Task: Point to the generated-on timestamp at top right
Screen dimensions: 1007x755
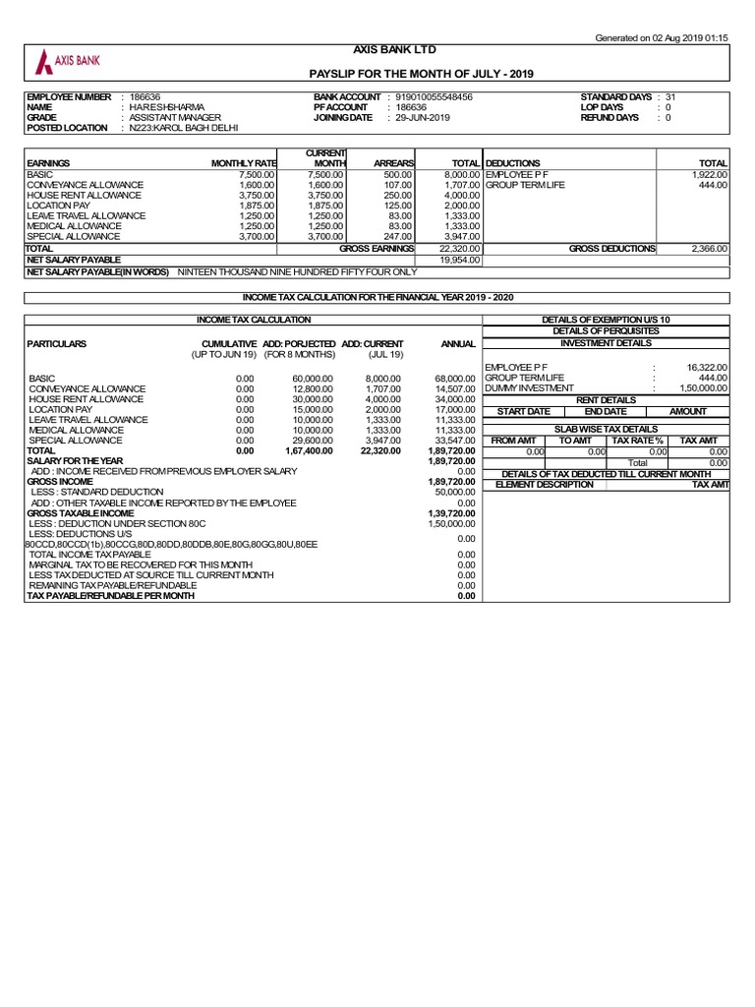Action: pos(663,37)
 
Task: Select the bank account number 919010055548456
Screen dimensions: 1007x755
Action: pos(434,97)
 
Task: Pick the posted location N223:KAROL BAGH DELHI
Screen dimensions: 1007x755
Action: pos(184,128)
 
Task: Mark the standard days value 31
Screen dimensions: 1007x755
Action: pos(670,97)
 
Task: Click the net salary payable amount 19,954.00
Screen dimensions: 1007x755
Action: pos(459,260)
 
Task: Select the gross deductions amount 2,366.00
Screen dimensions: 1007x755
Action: pos(708,250)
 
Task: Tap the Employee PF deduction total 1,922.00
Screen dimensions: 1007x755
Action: pos(709,174)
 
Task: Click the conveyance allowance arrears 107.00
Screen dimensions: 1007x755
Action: pos(399,185)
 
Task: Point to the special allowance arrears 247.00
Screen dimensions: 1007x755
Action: pos(399,236)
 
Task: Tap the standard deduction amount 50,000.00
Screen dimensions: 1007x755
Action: pos(455,492)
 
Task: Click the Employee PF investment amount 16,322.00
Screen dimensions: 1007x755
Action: pos(706,367)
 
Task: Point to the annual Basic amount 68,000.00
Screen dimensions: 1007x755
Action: pos(455,378)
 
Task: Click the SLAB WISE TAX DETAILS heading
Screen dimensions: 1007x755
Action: pos(606,429)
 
